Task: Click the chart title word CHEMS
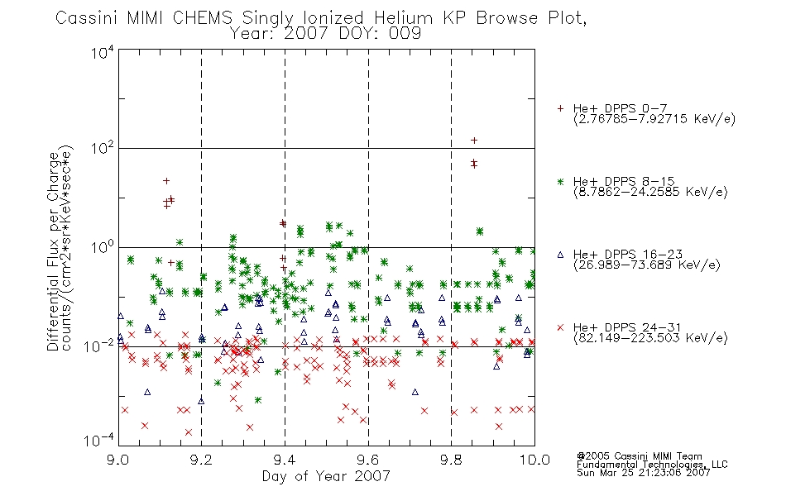pyautogui.click(x=203, y=18)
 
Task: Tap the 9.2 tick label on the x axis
pyautogui.click(x=201, y=460)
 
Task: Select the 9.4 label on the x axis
pyautogui.click(x=285, y=460)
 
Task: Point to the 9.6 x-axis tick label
pyautogui.click(x=368, y=460)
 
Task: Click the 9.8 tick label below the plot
pyautogui.click(x=451, y=460)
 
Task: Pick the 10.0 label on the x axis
pyautogui.click(x=534, y=460)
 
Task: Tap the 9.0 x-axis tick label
pyautogui.click(x=118, y=460)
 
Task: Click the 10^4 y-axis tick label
pyautogui.click(x=103, y=52)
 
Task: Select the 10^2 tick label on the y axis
pyautogui.click(x=103, y=149)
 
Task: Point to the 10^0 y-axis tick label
pyautogui.click(x=103, y=247)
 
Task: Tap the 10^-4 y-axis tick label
pyautogui.click(x=99, y=441)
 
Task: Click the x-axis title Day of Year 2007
pyautogui.click(x=326, y=476)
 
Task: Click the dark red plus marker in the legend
pyautogui.click(x=560, y=108)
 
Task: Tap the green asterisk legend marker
pyautogui.click(x=560, y=181)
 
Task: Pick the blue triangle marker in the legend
pyautogui.click(x=560, y=255)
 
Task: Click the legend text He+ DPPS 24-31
pyautogui.click(x=627, y=327)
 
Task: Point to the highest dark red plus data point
pyautogui.click(x=474, y=141)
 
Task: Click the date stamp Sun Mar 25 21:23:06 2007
pyautogui.click(x=643, y=473)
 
